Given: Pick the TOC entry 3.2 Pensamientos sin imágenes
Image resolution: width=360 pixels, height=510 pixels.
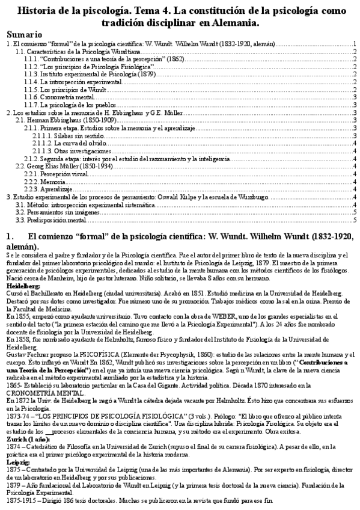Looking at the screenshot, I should (54, 212).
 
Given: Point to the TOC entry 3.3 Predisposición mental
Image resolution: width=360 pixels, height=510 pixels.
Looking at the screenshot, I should (52, 220).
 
